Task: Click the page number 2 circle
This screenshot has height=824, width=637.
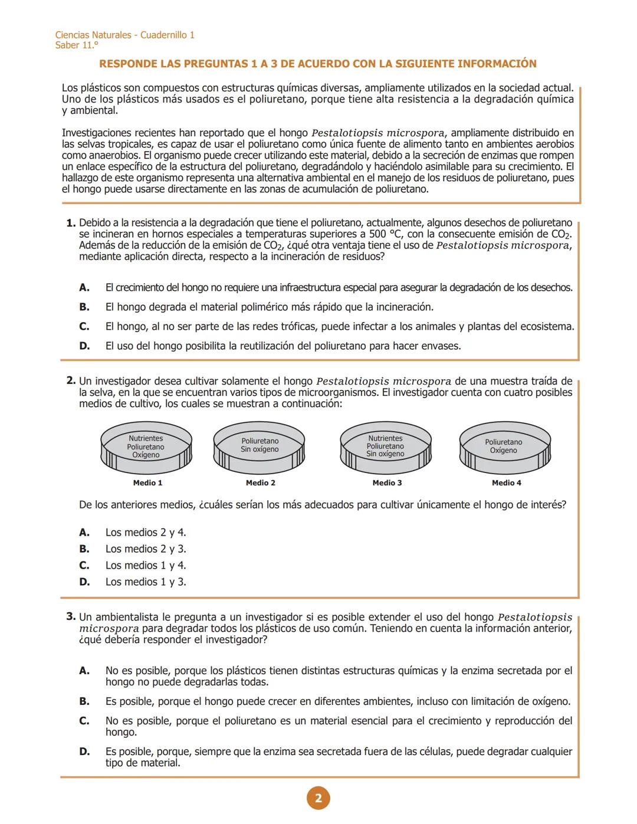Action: (x=318, y=799)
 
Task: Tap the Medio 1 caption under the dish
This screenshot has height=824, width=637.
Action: (x=147, y=482)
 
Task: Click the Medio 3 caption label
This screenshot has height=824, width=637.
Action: (x=387, y=482)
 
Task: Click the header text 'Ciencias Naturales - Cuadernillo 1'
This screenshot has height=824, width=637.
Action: (x=124, y=35)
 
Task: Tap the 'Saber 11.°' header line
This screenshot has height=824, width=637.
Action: (x=77, y=45)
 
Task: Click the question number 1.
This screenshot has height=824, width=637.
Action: (x=71, y=223)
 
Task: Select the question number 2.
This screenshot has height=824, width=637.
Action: (x=71, y=381)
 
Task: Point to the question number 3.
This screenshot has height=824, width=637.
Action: (x=71, y=617)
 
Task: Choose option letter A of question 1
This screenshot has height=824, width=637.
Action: (x=84, y=287)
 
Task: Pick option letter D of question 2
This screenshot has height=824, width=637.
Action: (x=84, y=582)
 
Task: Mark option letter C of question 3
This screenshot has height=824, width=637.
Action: (x=84, y=721)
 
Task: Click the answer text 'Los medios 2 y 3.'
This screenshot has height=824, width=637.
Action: (x=146, y=549)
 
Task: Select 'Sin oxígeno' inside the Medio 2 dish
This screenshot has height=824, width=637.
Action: (x=260, y=449)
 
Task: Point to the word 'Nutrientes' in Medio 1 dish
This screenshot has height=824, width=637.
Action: (x=146, y=438)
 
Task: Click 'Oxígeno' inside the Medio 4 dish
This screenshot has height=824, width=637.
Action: (x=503, y=451)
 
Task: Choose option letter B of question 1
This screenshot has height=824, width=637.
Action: (x=84, y=307)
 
